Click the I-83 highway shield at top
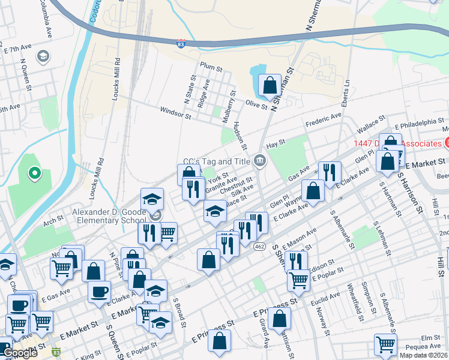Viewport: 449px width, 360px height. tap(181, 44)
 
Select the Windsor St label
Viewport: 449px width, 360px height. tap(175, 112)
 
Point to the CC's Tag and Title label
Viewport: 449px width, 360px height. tap(216, 161)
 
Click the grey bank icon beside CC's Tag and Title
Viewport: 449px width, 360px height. tap(261, 160)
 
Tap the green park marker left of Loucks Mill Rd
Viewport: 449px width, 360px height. tap(35, 175)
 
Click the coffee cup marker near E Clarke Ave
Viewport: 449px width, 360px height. tap(99, 292)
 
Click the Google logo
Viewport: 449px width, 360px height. tap(20, 353)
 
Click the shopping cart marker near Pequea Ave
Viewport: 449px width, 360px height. tap(385, 344)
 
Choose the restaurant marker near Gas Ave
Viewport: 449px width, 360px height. tap(328, 172)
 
